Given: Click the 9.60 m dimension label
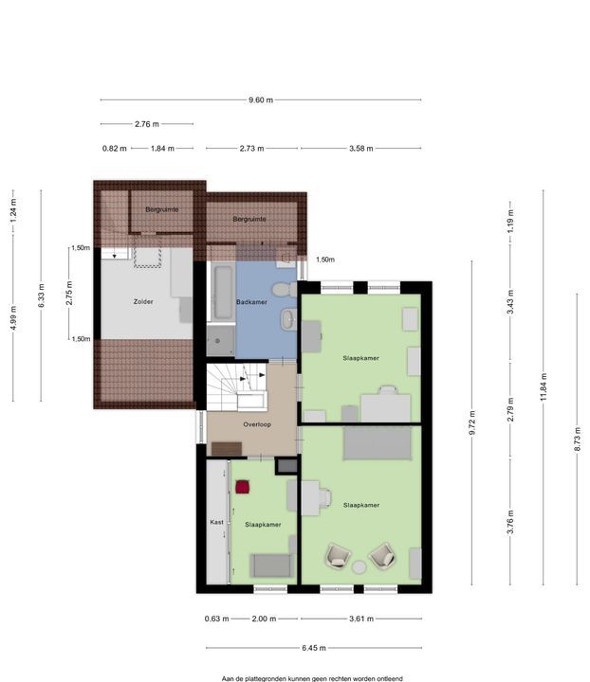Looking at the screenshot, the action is [261, 100].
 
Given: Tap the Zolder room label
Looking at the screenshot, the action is [143, 301].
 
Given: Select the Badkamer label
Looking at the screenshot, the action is [251, 302].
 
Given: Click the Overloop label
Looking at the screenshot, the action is [257, 424].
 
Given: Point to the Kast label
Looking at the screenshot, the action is [217, 522].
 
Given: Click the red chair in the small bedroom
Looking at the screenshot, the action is [243, 487].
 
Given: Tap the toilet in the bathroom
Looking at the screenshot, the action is [284, 289].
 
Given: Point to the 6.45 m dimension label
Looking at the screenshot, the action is [314, 648].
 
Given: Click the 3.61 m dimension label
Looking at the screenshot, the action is [361, 619].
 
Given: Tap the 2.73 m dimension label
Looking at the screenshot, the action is [251, 149].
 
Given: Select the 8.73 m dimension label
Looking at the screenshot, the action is [578, 440].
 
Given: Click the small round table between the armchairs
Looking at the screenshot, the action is [360, 566].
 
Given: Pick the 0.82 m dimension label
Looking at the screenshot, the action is [115, 149].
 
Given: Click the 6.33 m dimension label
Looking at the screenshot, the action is [42, 296].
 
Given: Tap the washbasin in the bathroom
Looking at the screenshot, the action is [287, 319].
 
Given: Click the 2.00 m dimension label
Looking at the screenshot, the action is [264, 619].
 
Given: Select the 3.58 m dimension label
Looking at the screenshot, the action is [361, 149].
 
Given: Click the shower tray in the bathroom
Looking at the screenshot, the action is [220, 341].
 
